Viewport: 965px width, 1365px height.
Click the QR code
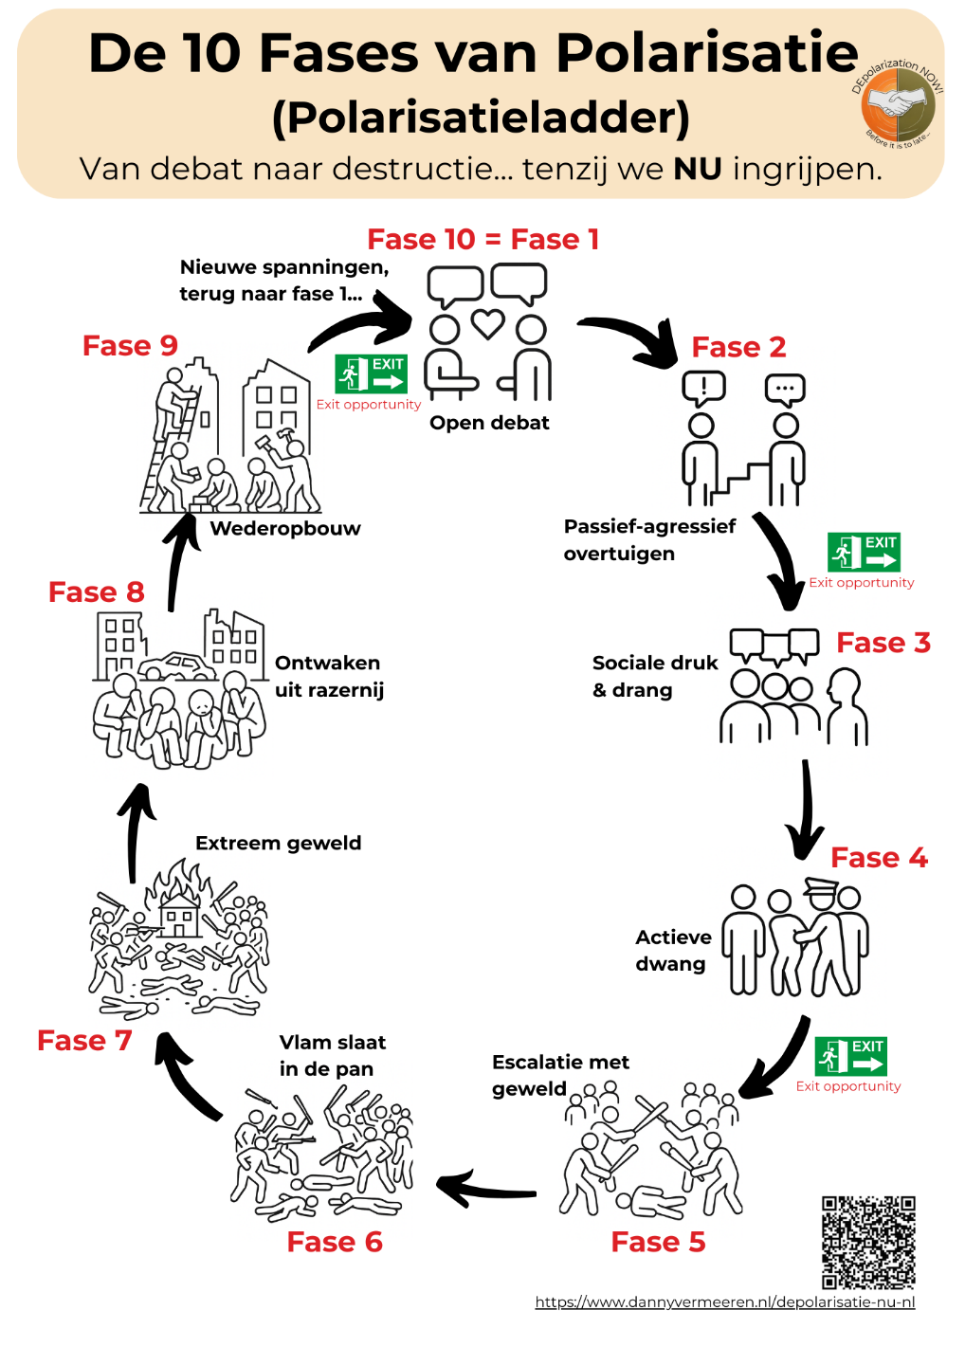tap(868, 1242)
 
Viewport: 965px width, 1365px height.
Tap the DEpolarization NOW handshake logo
tap(898, 103)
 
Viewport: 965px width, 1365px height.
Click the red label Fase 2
tap(738, 347)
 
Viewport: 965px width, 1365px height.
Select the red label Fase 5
tap(658, 1242)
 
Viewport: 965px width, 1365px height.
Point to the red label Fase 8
tap(96, 591)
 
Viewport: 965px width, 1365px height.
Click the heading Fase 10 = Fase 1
tap(482, 239)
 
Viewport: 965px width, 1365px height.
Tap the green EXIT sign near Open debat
tap(371, 374)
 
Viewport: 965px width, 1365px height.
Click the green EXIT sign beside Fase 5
tap(850, 1056)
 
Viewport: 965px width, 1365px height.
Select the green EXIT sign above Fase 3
tap(863, 552)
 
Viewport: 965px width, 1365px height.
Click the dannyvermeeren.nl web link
tap(725, 1302)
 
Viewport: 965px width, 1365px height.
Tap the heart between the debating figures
tap(487, 324)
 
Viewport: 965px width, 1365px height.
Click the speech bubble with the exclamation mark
tap(703, 388)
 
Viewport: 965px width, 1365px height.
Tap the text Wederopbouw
tap(285, 528)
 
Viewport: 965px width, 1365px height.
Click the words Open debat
tap(489, 423)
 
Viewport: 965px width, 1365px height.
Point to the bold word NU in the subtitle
tap(698, 169)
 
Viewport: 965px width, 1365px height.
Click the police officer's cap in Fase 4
tap(821, 888)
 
